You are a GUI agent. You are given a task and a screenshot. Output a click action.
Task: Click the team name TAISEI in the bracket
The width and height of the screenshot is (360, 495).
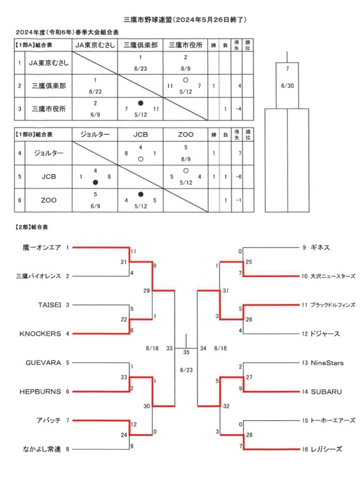[50, 305]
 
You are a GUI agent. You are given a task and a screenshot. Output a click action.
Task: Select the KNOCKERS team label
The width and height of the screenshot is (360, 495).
[40, 334]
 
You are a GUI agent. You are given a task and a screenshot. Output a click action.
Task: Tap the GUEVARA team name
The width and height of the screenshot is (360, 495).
[43, 363]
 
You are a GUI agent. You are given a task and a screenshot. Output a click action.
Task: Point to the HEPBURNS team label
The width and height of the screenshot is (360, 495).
[40, 392]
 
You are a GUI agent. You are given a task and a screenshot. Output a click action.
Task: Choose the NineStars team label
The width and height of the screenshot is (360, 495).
[327, 363]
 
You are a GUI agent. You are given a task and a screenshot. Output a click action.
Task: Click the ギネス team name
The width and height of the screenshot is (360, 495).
[320, 247]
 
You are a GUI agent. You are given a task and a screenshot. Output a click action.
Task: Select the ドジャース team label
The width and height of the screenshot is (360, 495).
[325, 334]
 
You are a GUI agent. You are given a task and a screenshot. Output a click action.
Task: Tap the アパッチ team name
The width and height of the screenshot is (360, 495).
[49, 421]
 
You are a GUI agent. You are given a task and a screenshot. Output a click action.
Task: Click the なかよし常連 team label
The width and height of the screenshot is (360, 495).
[42, 449]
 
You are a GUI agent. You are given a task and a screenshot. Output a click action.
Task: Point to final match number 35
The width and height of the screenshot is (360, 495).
[186, 352]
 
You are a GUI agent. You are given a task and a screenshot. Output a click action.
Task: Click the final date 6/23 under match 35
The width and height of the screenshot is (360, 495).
[186, 370]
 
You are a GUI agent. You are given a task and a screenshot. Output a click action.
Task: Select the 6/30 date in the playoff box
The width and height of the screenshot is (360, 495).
[287, 86]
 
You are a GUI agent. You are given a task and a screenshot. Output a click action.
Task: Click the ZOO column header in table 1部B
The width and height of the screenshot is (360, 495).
[186, 134]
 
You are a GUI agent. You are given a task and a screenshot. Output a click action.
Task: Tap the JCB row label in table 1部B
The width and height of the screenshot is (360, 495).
[49, 177]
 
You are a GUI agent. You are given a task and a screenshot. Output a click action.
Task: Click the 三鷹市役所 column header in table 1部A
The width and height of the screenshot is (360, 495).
[186, 45]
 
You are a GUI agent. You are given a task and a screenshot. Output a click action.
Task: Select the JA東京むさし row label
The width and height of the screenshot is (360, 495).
[49, 63]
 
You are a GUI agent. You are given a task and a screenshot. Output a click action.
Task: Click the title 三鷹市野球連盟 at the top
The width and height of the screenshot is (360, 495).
[148, 19]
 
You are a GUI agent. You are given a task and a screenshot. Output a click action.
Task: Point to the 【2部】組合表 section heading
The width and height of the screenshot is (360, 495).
[31, 227]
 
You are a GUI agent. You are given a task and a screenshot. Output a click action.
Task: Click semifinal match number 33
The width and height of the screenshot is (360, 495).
[170, 348]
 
